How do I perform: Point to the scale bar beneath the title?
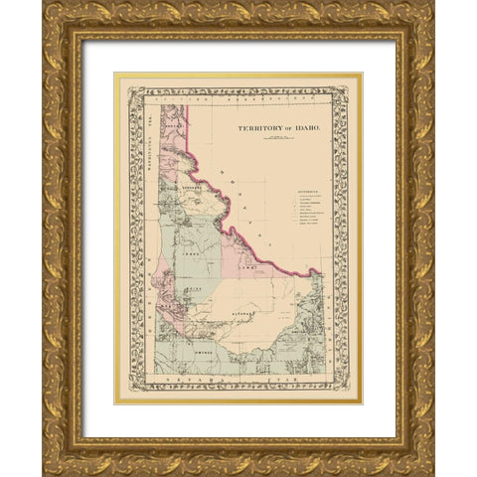[265, 141]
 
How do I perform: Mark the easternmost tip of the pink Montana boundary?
[321, 272]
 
